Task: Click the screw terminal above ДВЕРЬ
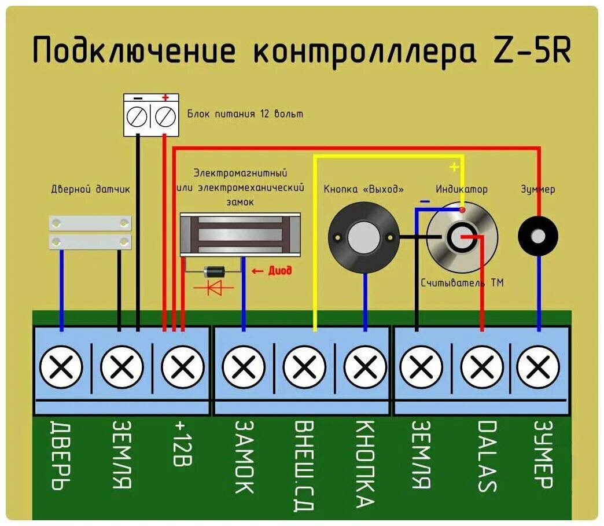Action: pyautogui.click(x=61, y=366)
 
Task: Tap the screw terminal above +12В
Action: pyautogui.click(x=183, y=366)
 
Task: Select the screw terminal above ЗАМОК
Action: pyautogui.click(x=244, y=366)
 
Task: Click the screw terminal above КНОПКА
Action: pyautogui.click(x=365, y=366)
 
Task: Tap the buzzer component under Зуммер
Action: pyautogui.click(x=538, y=236)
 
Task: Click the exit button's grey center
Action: pyautogui.click(x=364, y=236)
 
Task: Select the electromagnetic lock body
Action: pyautogui.click(x=241, y=234)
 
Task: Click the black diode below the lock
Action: pyautogui.click(x=215, y=270)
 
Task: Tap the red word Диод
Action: pyautogui.click(x=279, y=270)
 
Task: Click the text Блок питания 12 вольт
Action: pyautogui.click(x=245, y=114)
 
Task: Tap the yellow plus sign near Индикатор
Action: pyautogui.click(x=454, y=167)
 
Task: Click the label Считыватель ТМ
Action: pyautogui.click(x=462, y=283)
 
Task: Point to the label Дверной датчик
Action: pyautogui.click(x=91, y=189)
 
